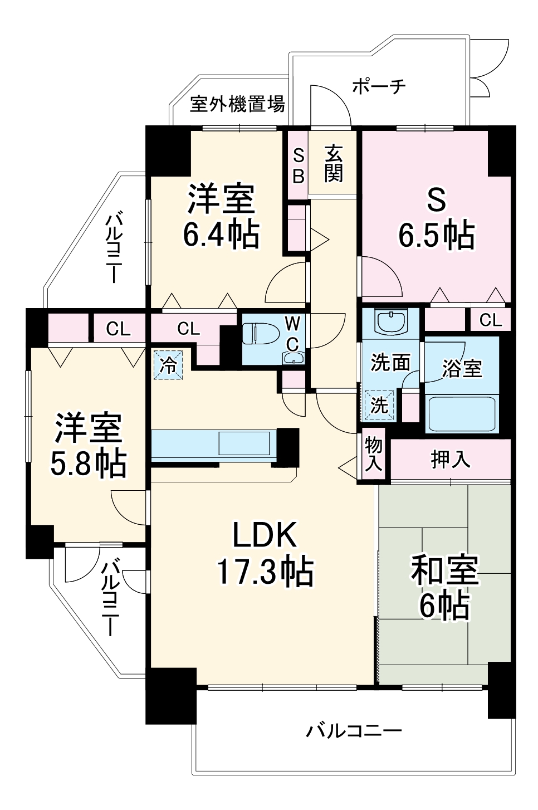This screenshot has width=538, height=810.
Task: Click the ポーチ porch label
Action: coord(379,86)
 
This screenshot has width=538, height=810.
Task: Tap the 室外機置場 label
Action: coord(237,104)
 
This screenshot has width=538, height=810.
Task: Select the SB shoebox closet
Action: coord(299,165)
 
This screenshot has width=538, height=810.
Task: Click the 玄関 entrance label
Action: coord(333,163)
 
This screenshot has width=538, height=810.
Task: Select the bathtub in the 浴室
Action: coord(461,413)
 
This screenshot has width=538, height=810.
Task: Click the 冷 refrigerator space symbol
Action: coord(168,365)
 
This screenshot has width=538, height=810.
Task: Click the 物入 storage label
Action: coord(373,453)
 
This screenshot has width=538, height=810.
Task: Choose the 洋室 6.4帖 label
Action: coord(221,216)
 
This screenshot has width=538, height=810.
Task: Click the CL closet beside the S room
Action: coord(490,320)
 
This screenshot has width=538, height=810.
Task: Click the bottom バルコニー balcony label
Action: coord(354,730)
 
